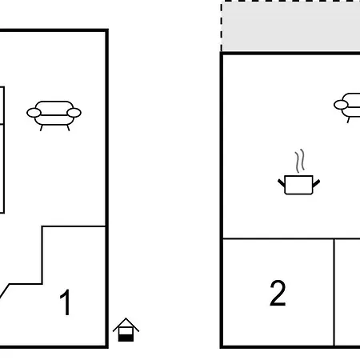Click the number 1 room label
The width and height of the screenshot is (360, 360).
[65, 302]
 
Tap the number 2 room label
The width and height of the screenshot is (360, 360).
[278, 293]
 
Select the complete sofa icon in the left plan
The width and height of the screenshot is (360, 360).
[54, 116]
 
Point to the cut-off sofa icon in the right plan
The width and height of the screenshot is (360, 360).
[347, 107]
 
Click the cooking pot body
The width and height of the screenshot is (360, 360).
[298, 185]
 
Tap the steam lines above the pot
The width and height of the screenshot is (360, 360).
[300, 161]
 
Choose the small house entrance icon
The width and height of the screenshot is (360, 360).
[126, 330]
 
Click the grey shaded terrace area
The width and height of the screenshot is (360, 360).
[290, 26]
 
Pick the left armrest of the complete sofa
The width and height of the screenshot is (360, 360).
[34, 113]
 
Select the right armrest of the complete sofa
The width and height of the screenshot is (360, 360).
[74, 113]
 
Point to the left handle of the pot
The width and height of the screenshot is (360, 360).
[282, 182]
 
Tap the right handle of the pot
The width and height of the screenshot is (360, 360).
[316, 183]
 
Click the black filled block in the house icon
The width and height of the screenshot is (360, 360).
[126, 338]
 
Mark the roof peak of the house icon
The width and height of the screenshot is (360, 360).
[126, 318]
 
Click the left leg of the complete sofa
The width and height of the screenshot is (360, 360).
[42, 128]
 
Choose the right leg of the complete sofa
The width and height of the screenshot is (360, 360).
[68, 128]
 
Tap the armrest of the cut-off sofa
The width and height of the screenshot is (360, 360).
[341, 105]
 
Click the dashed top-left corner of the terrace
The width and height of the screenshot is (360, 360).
[222, 2]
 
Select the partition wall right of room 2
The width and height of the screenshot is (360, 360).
[334, 292]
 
